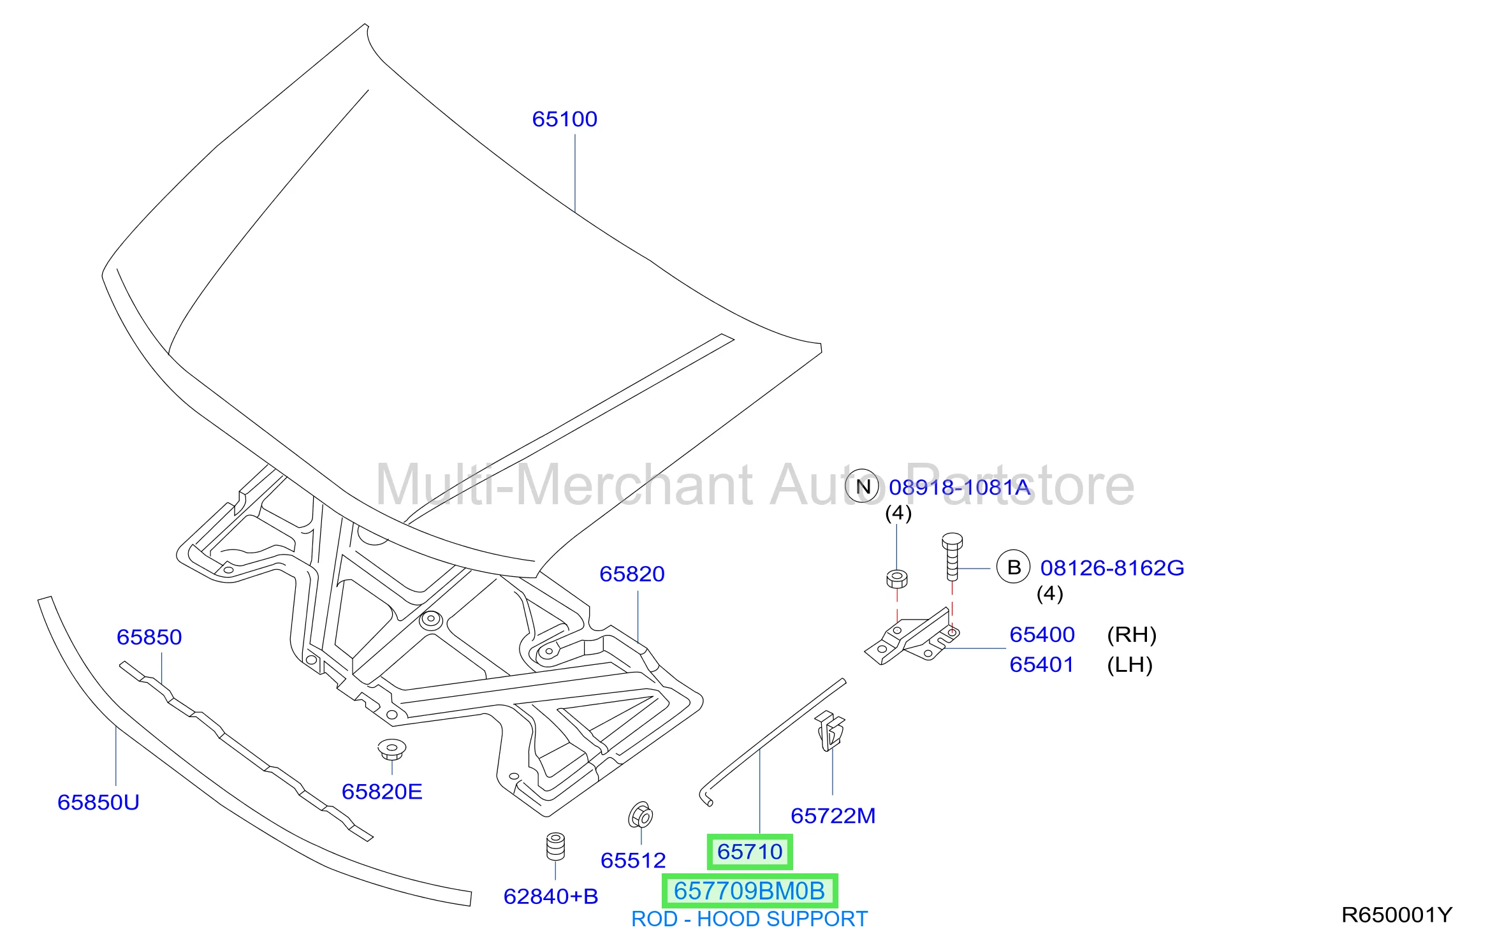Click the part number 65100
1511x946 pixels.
564,119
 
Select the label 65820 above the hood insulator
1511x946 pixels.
632,574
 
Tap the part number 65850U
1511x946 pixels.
98,802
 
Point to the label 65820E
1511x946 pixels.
382,791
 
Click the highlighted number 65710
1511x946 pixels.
750,852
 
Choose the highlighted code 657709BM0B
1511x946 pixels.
750,891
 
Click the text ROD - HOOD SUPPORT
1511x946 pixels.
749,919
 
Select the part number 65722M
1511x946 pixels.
833,815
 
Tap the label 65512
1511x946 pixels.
633,860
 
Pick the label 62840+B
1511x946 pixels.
551,896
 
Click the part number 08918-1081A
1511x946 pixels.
960,487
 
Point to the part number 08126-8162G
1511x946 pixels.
1112,567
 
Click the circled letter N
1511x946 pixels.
863,486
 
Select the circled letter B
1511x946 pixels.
1014,567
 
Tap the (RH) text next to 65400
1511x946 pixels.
1132,634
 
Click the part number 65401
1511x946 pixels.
1042,664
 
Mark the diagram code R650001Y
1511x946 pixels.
1397,915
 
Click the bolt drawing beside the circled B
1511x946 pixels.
952,557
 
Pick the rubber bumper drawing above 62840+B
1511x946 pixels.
556,847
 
